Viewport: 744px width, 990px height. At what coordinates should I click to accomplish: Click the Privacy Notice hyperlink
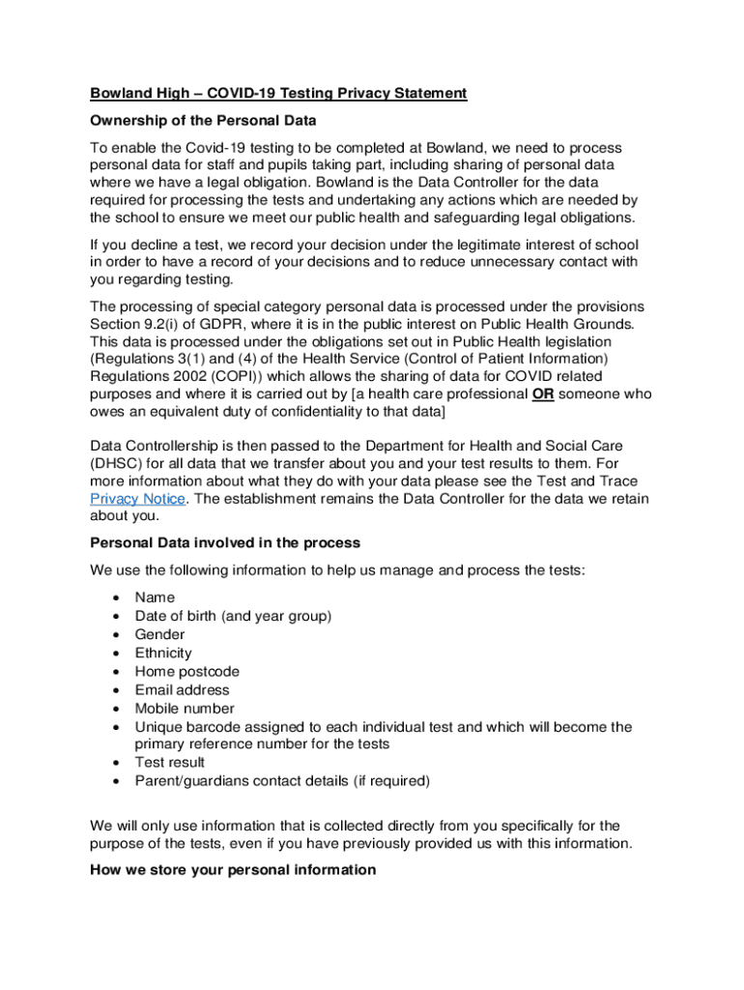[136, 499]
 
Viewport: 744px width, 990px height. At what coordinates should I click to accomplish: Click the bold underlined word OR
[544, 394]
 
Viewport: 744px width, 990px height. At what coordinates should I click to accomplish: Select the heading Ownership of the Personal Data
[203, 121]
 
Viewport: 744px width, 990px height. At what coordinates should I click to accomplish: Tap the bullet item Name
[155, 597]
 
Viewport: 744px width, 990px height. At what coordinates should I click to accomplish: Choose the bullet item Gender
[159, 634]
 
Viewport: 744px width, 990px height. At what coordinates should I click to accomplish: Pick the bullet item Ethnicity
[163, 653]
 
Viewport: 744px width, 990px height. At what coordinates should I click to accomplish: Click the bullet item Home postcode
[186, 671]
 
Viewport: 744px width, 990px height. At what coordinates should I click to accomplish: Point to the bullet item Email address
[182, 689]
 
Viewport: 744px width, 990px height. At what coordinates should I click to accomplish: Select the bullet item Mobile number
[184, 708]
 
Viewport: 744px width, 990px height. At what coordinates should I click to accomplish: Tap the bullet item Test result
[169, 762]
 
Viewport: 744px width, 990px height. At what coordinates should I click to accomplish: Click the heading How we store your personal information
[233, 870]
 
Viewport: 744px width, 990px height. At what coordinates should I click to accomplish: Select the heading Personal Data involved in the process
[225, 542]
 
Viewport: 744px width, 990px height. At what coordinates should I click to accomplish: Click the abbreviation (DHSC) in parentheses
[116, 463]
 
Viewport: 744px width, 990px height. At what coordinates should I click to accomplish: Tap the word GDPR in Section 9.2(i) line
[255, 322]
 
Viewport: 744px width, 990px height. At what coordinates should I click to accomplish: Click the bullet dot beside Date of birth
[116, 617]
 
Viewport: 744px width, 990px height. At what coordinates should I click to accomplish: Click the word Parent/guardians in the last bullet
[192, 780]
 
